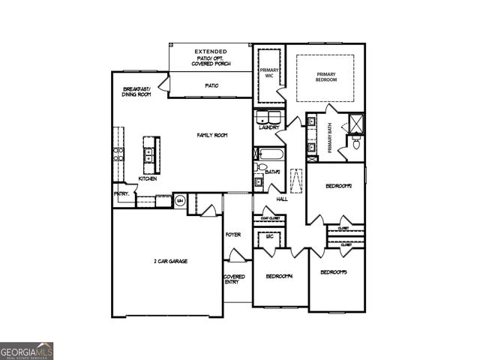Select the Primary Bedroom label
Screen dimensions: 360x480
(325, 77)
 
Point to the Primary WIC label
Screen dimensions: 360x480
(268, 73)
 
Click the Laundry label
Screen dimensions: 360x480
(269, 127)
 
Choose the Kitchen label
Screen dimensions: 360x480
(148, 179)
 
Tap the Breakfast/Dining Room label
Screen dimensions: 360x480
(137, 92)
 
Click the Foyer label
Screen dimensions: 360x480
(233, 235)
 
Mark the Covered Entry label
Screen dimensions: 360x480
(233, 279)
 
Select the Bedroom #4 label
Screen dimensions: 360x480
(280, 276)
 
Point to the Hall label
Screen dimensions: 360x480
(282, 199)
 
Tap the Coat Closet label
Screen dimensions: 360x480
(270, 218)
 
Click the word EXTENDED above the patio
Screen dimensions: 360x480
(211, 51)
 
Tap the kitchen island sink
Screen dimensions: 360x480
(150, 156)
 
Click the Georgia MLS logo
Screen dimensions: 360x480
(26, 350)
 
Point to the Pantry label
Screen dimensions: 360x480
(121, 193)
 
